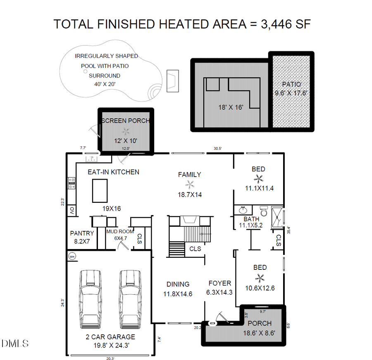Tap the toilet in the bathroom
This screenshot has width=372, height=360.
[x=262, y=211]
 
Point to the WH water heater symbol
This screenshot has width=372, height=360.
[x=72, y=256]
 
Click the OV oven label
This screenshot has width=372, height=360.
[x=72, y=211]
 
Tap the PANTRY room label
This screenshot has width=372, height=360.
[x=82, y=233]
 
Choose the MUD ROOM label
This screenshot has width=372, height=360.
[x=120, y=232]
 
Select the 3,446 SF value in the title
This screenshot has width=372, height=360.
[x=286, y=24]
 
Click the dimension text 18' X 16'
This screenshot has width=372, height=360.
[x=231, y=107]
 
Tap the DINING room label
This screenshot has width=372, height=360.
[x=178, y=284]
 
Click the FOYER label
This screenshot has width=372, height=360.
[x=220, y=283]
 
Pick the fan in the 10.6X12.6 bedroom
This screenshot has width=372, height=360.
[x=260, y=278]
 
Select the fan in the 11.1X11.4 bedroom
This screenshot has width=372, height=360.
[x=259, y=179]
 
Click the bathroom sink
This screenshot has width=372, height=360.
[x=243, y=210]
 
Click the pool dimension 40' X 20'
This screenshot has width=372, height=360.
[x=105, y=84]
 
